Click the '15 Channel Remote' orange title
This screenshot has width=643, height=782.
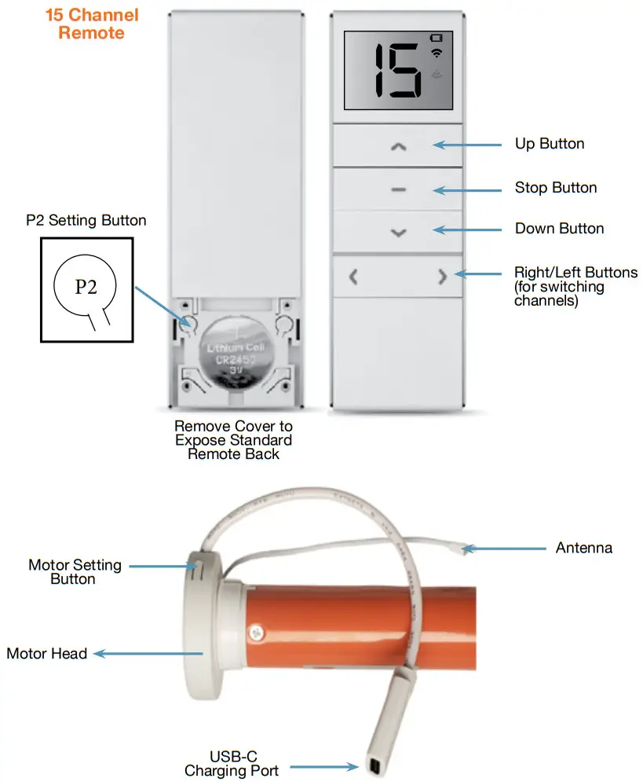pos(92,24)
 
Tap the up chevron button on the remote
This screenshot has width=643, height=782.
pos(398,147)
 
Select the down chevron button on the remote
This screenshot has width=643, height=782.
pos(399,233)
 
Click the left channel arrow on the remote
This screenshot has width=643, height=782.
pos(353,277)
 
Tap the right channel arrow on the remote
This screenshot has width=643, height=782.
pos(442,277)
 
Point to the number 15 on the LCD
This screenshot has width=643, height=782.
pos(397,70)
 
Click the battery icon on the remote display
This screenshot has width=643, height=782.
pos(437,38)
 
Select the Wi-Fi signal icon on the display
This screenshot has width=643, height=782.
pos(437,53)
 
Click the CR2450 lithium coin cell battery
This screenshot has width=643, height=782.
pos(236,351)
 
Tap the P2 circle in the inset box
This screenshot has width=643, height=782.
pos(85,286)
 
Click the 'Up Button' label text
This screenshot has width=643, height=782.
pos(550,144)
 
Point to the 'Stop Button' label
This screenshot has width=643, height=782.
pos(556,188)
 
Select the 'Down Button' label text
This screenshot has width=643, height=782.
pos(559,229)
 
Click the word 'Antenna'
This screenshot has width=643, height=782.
pos(584,548)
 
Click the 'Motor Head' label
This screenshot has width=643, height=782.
pos(47,653)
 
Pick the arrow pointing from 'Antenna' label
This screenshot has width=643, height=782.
pos(503,549)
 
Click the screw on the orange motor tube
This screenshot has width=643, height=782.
pos(257,633)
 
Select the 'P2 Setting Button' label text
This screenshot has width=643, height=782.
pos(86,220)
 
